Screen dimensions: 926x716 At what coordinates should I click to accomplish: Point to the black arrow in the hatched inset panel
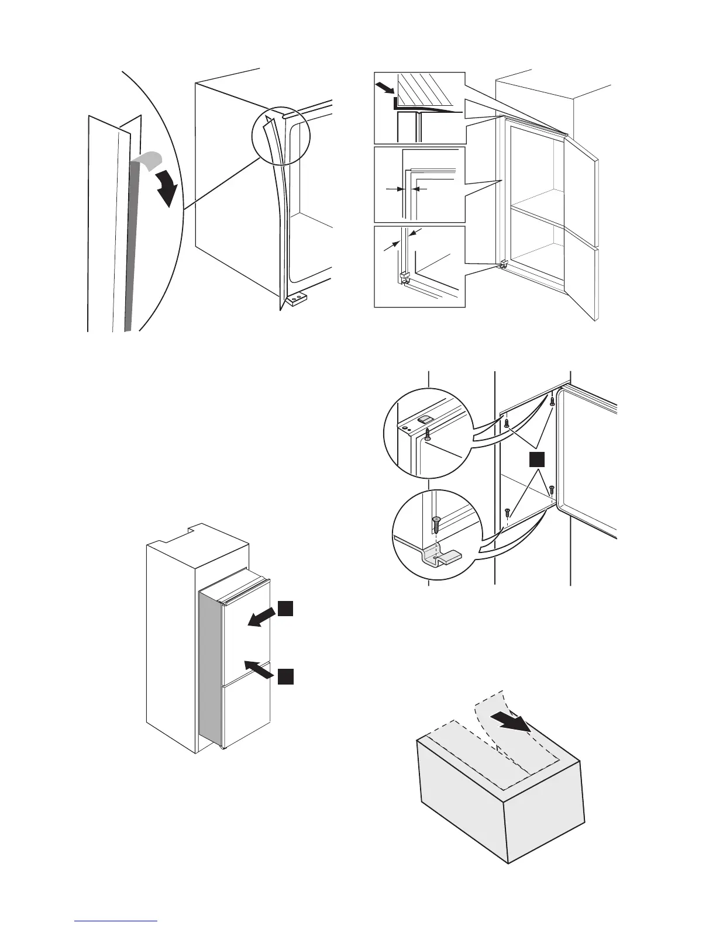tap(385, 89)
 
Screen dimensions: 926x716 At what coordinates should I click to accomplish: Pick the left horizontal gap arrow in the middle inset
tap(392, 189)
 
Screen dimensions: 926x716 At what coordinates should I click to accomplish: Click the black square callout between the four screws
tap(537, 459)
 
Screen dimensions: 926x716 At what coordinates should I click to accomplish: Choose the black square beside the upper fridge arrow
tap(285, 608)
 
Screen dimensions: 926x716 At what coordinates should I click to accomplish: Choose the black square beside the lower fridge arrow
tap(285, 676)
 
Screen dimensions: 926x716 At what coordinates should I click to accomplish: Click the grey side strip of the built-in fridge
tap(210, 672)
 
